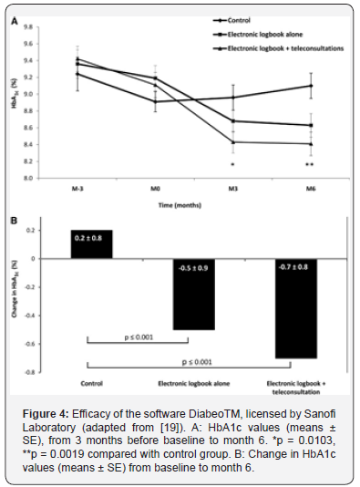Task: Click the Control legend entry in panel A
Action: click(x=241, y=18)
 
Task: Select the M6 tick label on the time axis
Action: click(x=312, y=188)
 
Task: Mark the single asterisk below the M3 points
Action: click(x=233, y=165)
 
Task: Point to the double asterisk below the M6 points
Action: click(x=312, y=165)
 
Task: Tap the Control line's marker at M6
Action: click(x=312, y=86)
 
